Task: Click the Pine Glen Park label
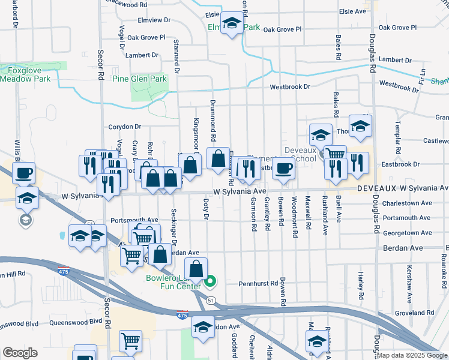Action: tap(139, 79)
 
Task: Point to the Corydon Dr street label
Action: tap(124, 127)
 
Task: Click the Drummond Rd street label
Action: tap(212, 117)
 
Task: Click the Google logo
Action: tap(20, 353)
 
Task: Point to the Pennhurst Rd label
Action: tap(258, 283)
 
